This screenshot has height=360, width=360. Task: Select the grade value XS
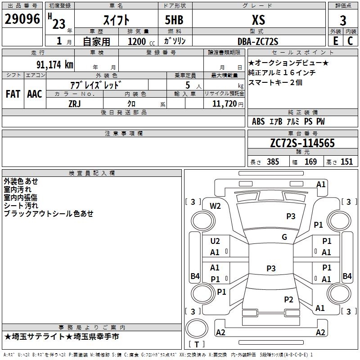(258, 20)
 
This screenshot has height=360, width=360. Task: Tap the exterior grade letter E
(335, 41)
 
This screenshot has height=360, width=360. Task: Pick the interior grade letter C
(350, 41)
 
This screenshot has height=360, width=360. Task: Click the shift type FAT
(13, 94)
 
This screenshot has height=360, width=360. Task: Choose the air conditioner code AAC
(35, 94)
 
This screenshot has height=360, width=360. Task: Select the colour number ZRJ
(75, 103)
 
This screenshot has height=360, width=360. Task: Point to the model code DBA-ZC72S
(257, 41)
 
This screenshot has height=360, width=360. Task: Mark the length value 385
(272, 162)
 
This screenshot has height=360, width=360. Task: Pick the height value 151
(346, 162)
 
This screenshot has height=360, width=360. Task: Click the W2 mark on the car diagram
(216, 206)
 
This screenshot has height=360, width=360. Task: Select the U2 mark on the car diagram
(215, 241)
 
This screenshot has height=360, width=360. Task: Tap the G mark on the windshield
(284, 237)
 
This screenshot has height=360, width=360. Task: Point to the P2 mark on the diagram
(289, 299)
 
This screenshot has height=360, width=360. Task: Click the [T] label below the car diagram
(196, 344)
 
